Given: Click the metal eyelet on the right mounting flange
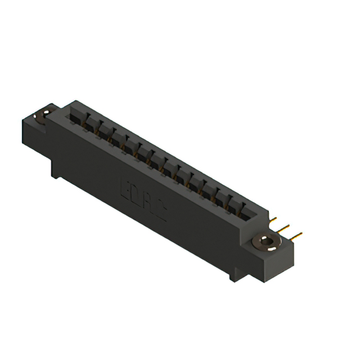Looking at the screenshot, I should (264, 244).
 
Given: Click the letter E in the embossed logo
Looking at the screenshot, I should (127, 187).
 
